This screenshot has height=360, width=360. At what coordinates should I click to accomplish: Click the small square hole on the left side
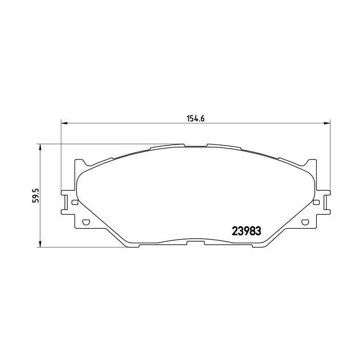(x=75, y=203)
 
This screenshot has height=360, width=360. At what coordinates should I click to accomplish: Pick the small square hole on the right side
(x=316, y=203)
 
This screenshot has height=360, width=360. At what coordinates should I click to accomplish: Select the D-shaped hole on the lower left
(x=86, y=223)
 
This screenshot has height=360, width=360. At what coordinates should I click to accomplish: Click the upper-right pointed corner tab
(x=311, y=163)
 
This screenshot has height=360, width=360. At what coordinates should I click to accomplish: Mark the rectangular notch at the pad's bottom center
(x=195, y=242)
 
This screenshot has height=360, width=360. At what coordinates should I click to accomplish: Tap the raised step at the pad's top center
(x=195, y=146)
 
